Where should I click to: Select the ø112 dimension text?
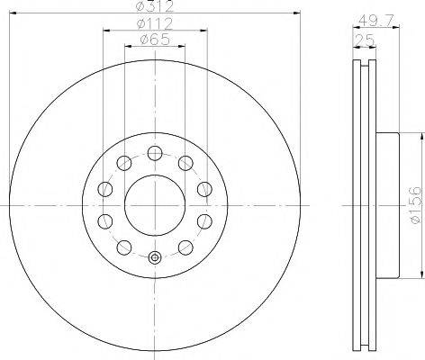[x=155, y=24]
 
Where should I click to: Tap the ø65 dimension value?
[x=155, y=40]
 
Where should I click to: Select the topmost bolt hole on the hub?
[x=155, y=150]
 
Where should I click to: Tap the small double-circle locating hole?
[x=155, y=257]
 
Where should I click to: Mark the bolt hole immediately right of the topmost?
[x=187, y=162]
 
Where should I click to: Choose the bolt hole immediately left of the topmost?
[x=122, y=162]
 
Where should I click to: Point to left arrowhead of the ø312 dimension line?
[x=18, y=13]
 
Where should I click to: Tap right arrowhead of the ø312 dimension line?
[x=293, y=13]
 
